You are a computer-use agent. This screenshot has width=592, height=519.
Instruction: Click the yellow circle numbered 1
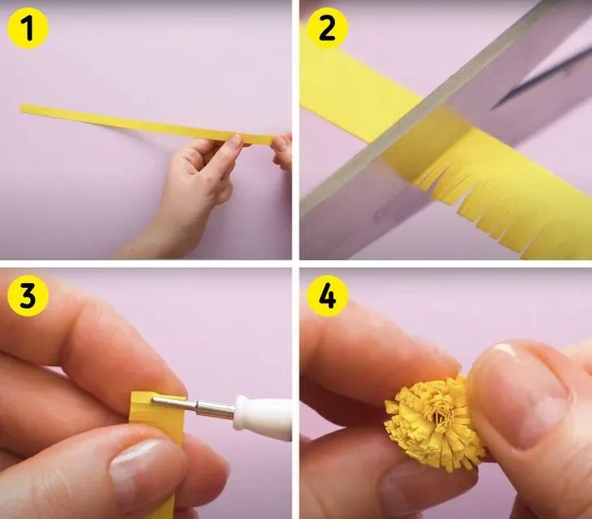pos(28,28)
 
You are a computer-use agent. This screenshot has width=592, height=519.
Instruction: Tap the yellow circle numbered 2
pos(327,28)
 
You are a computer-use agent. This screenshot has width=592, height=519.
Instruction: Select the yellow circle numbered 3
pos(28,296)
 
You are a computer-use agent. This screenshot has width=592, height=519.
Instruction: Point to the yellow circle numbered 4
pos(327,295)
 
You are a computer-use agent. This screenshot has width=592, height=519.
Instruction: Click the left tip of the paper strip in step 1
pos(21,107)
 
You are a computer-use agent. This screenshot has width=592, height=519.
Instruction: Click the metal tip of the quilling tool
pos(174,403)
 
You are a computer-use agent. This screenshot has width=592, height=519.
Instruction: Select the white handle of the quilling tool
pos(263,417)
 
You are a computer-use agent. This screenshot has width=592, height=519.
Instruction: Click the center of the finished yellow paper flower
pos(441,417)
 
